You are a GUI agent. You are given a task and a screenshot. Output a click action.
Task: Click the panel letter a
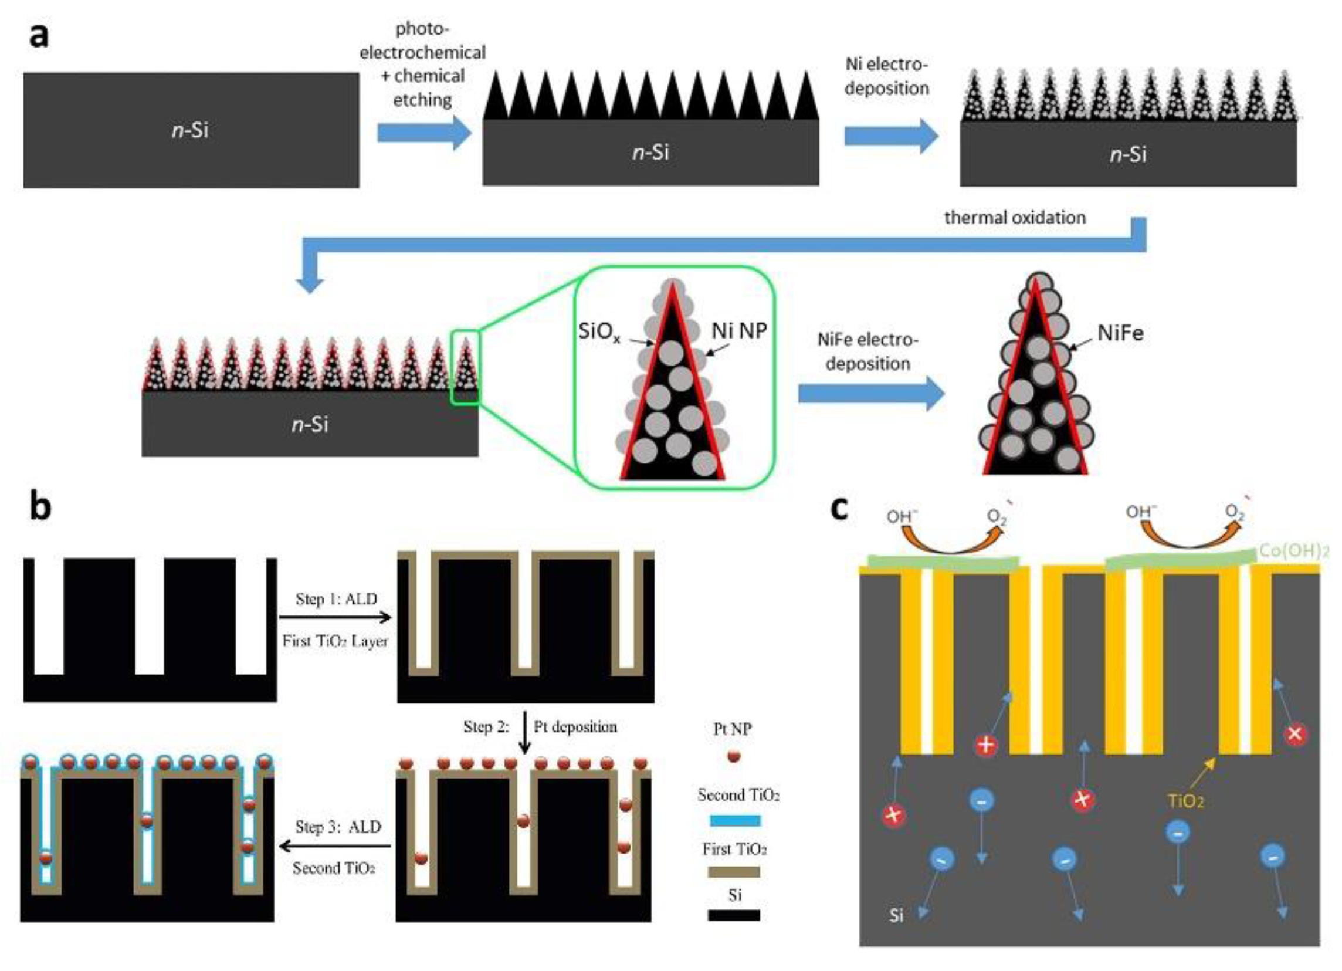pyautogui.click(x=39, y=36)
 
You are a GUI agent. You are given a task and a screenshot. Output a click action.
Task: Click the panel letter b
pyautogui.click(x=40, y=508)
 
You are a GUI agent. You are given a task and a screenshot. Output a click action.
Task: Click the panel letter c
pyautogui.click(x=840, y=508)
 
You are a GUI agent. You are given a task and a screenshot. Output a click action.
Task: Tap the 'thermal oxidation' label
pyautogui.click(x=1015, y=218)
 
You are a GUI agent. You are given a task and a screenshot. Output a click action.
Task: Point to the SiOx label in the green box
pyautogui.click(x=599, y=332)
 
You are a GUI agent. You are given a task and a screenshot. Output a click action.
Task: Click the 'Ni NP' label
pyautogui.click(x=739, y=330)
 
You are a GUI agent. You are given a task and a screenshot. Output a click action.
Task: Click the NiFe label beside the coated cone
pyautogui.click(x=1120, y=333)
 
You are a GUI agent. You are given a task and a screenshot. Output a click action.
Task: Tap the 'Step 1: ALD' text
pyautogui.click(x=336, y=599)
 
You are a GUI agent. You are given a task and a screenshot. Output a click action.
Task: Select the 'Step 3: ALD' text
pyautogui.click(x=338, y=827)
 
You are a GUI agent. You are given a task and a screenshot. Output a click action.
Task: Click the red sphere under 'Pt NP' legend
pyautogui.click(x=734, y=756)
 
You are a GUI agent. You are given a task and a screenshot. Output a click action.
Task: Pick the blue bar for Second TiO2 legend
pyautogui.click(x=734, y=820)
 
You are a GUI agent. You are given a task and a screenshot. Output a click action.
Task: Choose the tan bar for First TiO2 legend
pyautogui.click(x=734, y=872)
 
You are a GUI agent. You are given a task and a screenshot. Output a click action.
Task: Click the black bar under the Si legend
pyautogui.click(x=734, y=915)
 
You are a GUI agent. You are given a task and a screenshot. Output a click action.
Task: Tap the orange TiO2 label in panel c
pyautogui.click(x=1185, y=801)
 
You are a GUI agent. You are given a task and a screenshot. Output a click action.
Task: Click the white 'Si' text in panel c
pyautogui.click(x=896, y=916)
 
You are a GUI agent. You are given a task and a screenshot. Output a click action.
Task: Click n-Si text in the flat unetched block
pyautogui.click(x=190, y=130)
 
